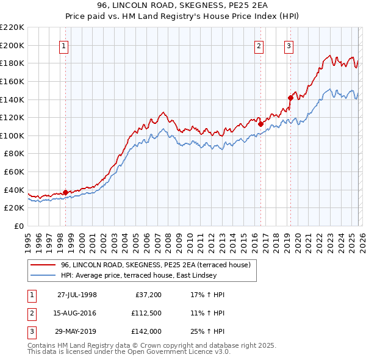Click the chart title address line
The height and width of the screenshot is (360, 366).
pyautogui.click(x=183, y=6)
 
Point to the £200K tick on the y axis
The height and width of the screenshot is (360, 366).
pyautogui.click(x=13, y=45)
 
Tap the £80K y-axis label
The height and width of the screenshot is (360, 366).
pyautogui.click(x=15, y=154)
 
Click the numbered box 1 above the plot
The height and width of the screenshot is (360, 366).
pyautogui.click(x=65, y=45)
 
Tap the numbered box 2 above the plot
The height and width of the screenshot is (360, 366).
pyautogui.click(x=259, y=45)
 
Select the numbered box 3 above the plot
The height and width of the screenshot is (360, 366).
pyautogui.click(x=289, y=45)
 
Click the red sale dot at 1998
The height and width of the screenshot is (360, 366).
pyautogui.click(x=66, y=192)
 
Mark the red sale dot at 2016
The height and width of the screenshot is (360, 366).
pyautogui.click(x=260, y=124)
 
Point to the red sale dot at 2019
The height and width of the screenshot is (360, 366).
pyautogui.click(x=290, y=97)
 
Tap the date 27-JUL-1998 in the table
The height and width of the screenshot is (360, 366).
pyautogui.click(x=77, y=295)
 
